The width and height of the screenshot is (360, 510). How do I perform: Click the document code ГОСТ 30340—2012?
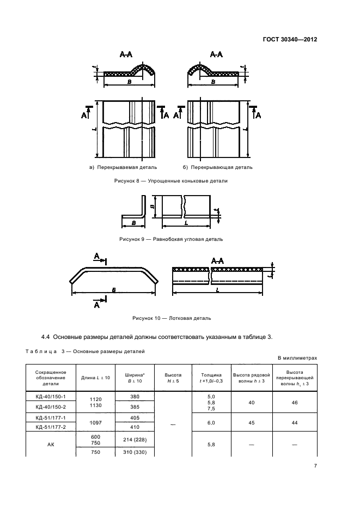290,40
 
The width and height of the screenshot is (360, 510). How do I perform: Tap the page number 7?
315,466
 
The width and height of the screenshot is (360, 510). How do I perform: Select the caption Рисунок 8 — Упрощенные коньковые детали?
170,181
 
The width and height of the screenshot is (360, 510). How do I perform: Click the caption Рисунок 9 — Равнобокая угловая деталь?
171,239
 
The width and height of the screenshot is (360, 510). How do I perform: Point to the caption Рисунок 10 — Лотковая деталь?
172,318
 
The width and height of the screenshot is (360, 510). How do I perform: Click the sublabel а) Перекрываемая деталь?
123,167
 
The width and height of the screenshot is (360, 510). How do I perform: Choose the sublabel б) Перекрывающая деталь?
217,167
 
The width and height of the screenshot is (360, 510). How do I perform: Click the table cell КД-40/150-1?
51,397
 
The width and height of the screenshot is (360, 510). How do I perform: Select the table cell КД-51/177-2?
51,427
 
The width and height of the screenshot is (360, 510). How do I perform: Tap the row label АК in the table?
51,444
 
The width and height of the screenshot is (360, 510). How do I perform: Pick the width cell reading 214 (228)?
135,440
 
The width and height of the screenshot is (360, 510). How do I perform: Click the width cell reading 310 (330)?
135,452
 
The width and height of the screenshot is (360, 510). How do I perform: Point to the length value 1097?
96,422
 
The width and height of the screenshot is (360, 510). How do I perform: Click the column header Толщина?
211,375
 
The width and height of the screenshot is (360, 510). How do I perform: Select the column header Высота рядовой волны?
252,378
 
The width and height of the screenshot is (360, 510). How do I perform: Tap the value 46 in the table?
295,403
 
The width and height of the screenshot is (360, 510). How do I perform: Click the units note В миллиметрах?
297,358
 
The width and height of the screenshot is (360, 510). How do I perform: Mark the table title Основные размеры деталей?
109,351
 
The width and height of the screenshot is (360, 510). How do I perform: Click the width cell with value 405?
135,417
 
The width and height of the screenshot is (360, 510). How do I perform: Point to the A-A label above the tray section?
217,261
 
